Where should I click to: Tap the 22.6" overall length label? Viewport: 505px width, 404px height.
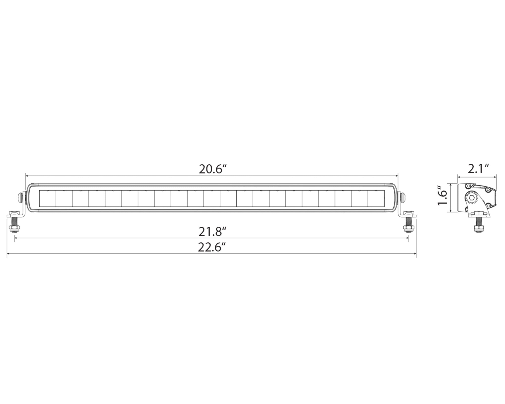point(211,247)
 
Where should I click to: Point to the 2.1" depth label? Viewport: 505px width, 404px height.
point(478,169)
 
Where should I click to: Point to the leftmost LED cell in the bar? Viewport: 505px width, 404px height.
point(48,198)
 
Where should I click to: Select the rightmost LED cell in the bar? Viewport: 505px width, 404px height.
point(376,198)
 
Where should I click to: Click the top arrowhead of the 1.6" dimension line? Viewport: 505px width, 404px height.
point(450,184)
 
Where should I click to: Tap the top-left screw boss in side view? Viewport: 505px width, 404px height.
point(468,186)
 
